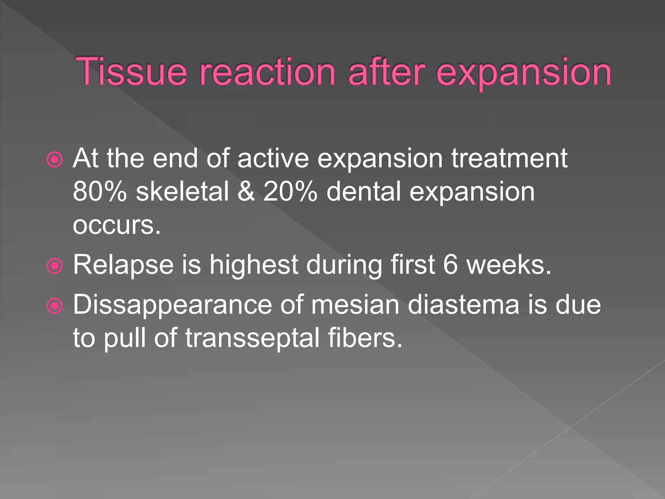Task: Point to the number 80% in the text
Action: click(99, 192)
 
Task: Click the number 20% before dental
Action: click(290, 192)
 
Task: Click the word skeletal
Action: click(182, 192)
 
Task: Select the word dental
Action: click(364, 192)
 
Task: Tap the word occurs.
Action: click(117, 225)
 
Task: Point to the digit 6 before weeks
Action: click(450, 265)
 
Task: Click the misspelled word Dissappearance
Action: click(172, 306)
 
